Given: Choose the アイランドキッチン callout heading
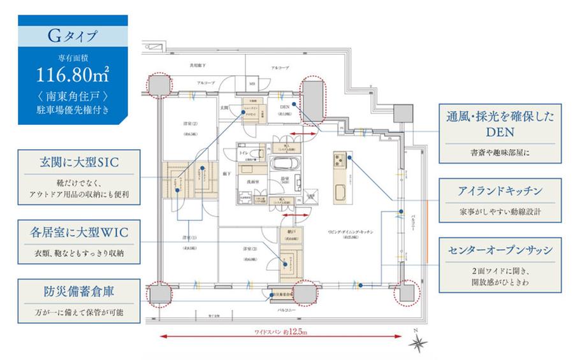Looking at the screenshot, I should [500, 191].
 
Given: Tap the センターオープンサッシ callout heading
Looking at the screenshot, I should [500, 249].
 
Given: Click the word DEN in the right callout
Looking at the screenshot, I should [500, 132].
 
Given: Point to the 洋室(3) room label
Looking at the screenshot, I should [249, 248].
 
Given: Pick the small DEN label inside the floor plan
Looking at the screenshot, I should [284, 107].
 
